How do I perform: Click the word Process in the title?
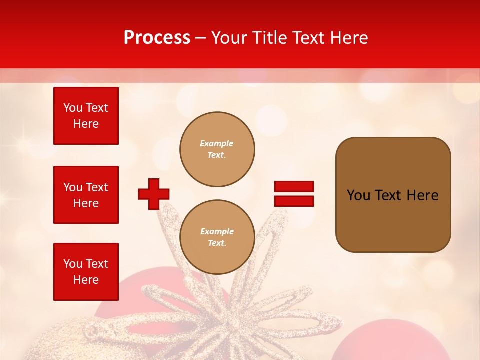tap(157, 38)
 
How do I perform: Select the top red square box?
tap(86, 116)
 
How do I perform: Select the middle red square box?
tap(86, 195)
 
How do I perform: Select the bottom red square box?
tap(86, 271)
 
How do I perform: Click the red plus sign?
tap(154, 194)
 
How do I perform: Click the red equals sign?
tap(294, 194)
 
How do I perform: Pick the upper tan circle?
tap(217, 149)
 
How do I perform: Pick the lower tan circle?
tap(217, 237)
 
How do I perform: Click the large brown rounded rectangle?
tap(393, 195)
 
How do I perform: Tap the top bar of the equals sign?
tap(294, 187)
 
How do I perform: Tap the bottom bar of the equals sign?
tap(294, 201)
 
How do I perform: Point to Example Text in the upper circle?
tap(217, 149)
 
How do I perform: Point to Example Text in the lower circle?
tap(217, 237)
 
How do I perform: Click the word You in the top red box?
tap(72, 108)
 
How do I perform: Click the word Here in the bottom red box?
tap(86, 280)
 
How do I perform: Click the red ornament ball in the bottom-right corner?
tap(385, 342)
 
